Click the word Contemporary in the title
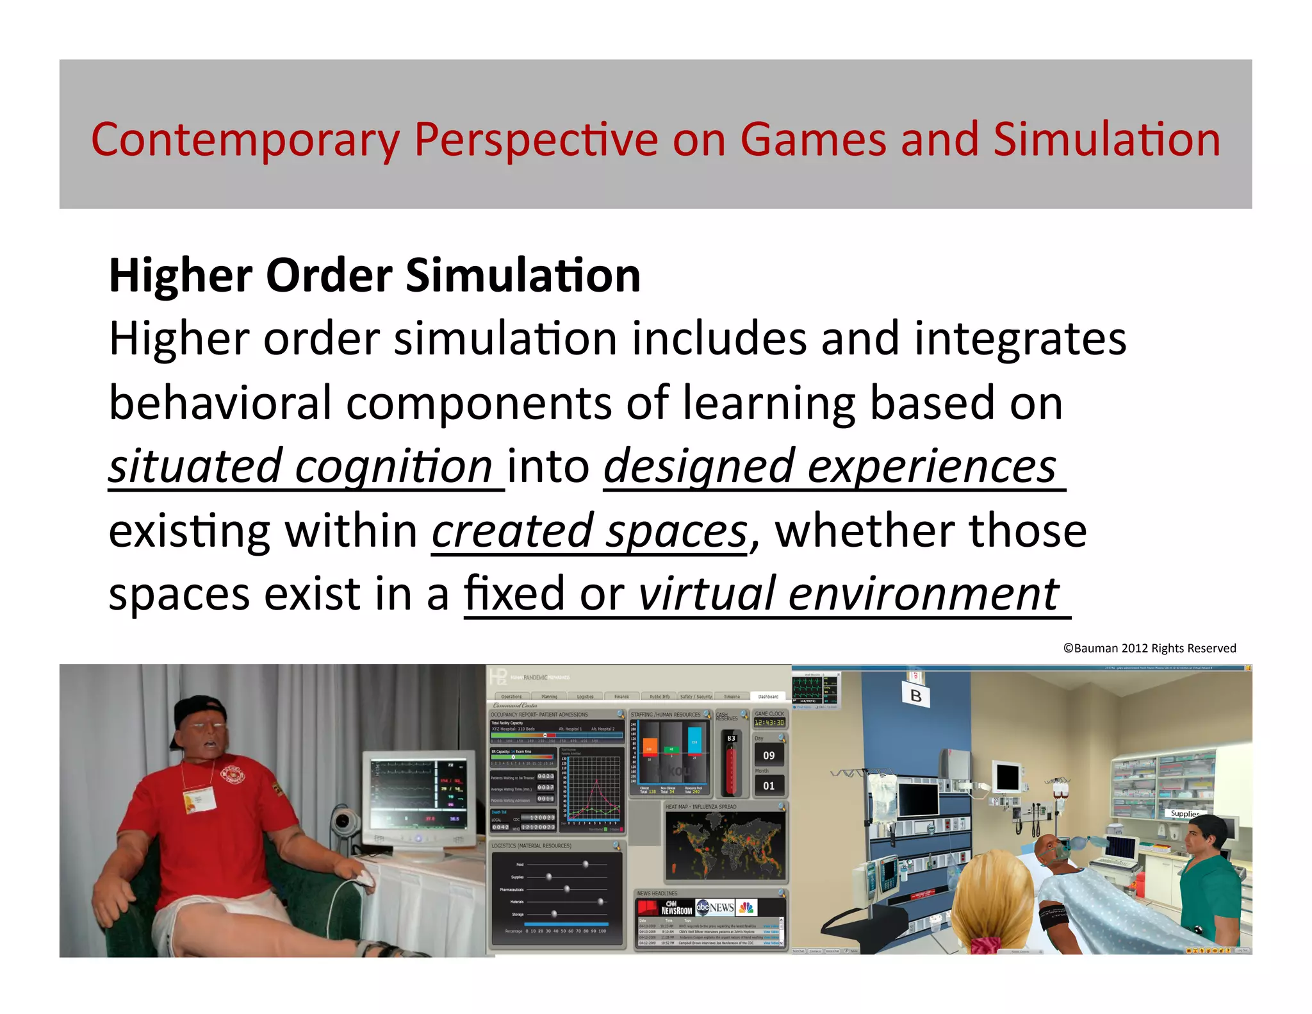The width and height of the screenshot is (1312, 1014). coord(244,140)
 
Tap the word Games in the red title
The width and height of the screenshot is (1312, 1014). coord(813,140)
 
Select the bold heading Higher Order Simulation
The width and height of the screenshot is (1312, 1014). coord(375,276)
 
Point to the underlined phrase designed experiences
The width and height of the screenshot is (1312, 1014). coord(830,467)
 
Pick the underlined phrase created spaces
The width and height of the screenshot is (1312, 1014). coord(589,531)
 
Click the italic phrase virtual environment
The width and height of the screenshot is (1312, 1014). coord(849,594)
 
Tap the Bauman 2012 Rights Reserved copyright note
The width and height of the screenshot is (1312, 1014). coord(1149,648)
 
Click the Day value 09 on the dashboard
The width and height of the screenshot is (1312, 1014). coord(769,756)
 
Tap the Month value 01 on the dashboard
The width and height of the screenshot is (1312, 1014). coord(769,786)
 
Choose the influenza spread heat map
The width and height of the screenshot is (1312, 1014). coord(725,845)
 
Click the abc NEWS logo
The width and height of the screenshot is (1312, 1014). coord(715,907)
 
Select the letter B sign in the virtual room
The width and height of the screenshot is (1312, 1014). coord(916,695)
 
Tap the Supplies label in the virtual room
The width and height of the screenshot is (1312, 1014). coord(1185,813)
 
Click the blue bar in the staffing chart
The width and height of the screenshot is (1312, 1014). coord(694,740)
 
